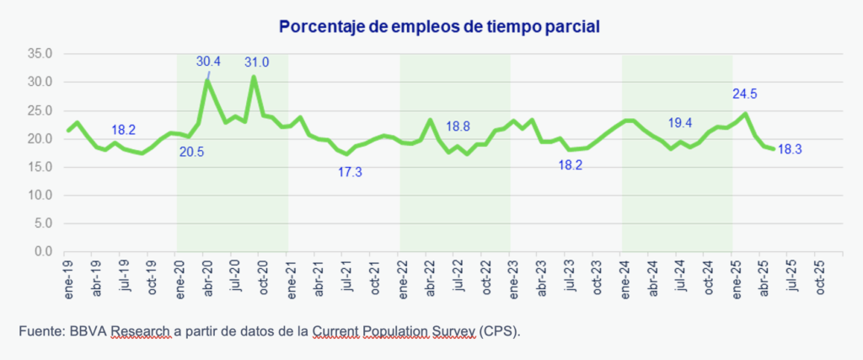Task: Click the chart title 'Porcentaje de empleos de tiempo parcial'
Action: (431, 27)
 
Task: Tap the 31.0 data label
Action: (257, 62)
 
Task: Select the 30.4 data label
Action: (209, 61)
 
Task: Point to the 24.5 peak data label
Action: (746, 94)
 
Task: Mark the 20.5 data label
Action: (192, 152)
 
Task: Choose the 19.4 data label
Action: (679, 123)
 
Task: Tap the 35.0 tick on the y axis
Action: (40, 54)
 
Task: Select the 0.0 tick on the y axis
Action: (44, 251)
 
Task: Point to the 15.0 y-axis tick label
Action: (40, 167)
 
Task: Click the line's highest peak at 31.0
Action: (254, 77)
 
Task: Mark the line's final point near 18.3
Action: (774, 149)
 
